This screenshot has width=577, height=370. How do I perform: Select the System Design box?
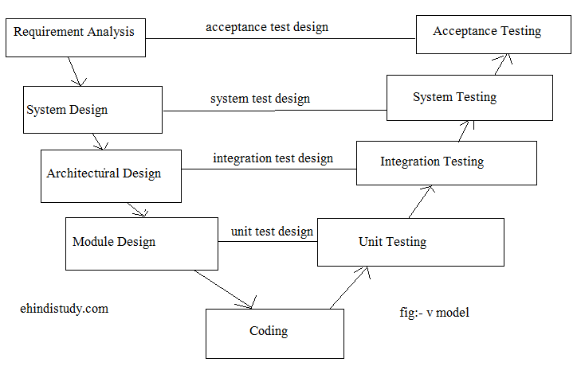(93, 110)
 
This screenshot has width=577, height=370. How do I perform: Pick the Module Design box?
(141, 243)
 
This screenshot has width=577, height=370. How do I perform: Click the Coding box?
(275, 333)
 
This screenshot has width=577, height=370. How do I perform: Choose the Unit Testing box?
(410, 242)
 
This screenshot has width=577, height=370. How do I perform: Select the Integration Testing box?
(446, 162)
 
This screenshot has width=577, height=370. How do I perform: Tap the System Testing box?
(469, 98)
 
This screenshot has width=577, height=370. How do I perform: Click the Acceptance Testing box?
(487, 32)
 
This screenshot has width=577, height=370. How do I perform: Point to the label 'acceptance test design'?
(267, 27)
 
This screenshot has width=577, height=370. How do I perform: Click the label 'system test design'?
(260, 99)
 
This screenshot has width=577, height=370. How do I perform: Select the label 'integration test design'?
(273, 158)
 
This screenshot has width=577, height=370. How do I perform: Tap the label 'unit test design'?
(272, 232)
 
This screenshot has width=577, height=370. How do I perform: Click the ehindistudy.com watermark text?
(64, 308)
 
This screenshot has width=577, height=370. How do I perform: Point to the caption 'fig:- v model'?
(434, 312)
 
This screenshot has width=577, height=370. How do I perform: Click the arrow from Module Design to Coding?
(224, 289)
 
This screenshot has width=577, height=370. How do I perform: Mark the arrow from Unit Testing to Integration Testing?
(421, 201)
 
